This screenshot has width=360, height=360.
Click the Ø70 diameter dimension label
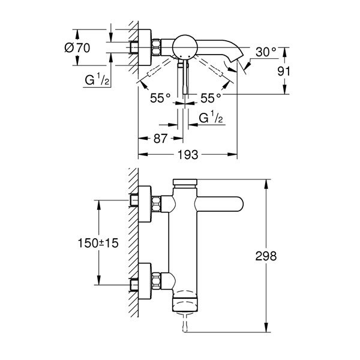coord(77,48)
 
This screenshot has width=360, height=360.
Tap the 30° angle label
coord(266,52)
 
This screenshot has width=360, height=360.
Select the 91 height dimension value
coord(284,71)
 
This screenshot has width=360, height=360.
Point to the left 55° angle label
coord(160,98)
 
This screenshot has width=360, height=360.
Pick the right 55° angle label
coord(211,98)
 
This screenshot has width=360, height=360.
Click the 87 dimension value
coord(160,139)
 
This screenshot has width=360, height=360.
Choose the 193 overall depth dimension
coord(188,155)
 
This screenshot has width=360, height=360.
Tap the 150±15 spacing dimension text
coord(98,243)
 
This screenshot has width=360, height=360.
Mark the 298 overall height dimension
coord(266,256)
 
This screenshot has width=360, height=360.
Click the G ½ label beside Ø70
coord(97,79)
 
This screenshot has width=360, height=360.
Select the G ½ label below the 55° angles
coord(211,117)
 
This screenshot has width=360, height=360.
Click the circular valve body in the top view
coord(185,47)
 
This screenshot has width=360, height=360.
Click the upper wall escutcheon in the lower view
coord(145,204)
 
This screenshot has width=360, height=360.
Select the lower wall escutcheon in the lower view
coord(145,281)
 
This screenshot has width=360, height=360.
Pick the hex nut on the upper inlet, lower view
coord(156,204)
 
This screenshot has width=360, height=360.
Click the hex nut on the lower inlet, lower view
coord(156,280)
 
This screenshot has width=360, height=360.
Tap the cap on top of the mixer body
coord(185,182)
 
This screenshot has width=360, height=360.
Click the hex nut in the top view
coord(156,47)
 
